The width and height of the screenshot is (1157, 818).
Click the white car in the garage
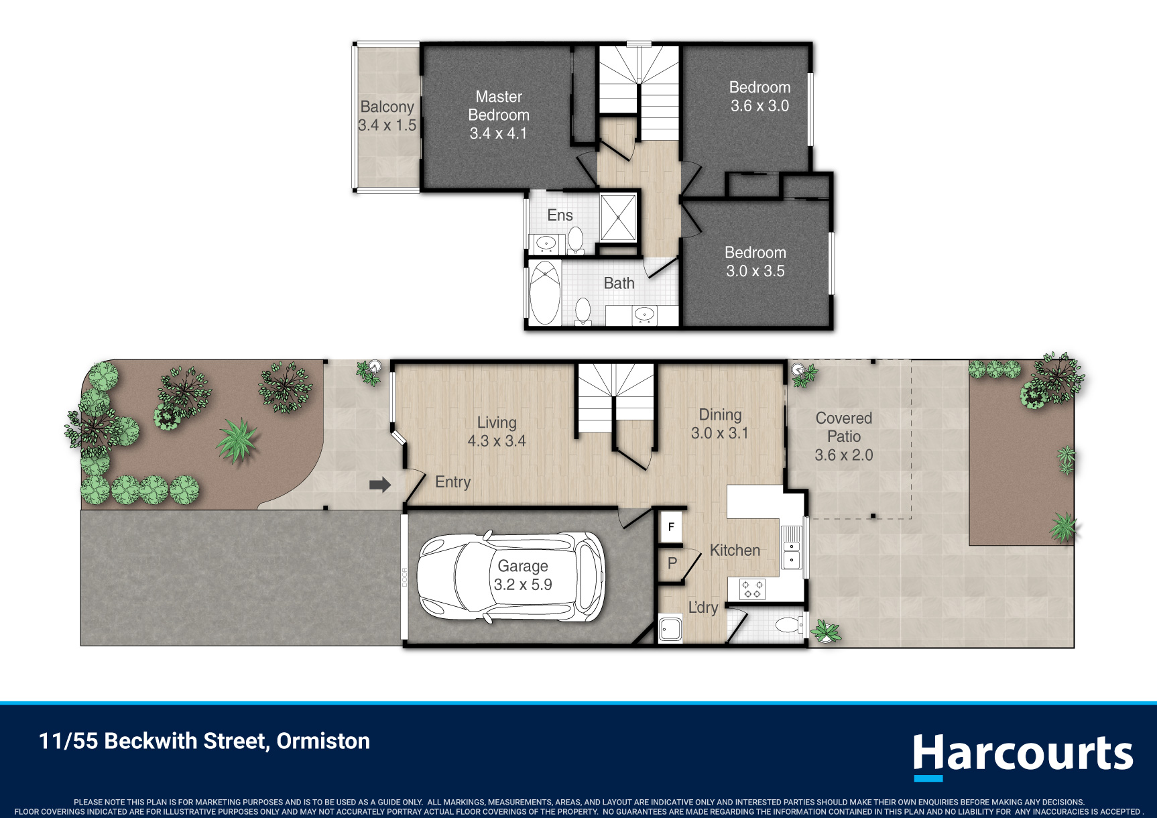pyautogui.click(x=511, y=577)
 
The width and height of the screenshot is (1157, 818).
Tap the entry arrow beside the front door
pyautogui.click(x=380, y=485)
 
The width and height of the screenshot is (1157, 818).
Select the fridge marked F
pyautogui.click(x=671, y=527)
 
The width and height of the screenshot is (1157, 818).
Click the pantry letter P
pyautogui.click(x=672, y=563)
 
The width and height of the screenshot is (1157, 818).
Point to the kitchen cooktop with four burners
pyautogui.click(x=752, y=589)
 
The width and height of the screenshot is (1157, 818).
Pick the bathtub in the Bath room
pyautogui.click(x=545, y=293)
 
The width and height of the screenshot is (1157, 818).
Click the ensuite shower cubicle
pyautogui.click(x=618, y=217)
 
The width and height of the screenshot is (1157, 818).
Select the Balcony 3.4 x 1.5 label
pyautogui.click(x=387, y=116)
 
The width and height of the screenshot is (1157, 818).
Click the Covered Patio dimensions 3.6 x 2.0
pyautogui.click(x=844, y=455)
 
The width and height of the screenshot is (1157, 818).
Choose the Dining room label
pyautogui.click(x=721, y=414)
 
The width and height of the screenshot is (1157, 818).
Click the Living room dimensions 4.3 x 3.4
pyautogui.click(x=497, y=441)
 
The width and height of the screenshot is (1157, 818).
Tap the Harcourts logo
pyautogui.click(x=1023, y=756)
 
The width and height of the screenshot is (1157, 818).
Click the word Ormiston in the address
pyautogui.click(x=323, y=741)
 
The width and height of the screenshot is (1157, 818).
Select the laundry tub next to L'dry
pyautogui.click(x=670, y=629)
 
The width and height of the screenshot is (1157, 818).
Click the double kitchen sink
pyautogui.click(x=792, y=547)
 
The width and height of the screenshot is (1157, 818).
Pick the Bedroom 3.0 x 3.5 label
pyautogui.click(x=755, y=261)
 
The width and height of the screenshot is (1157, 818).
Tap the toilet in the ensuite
pyautogui.click(x=575, y=239)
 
